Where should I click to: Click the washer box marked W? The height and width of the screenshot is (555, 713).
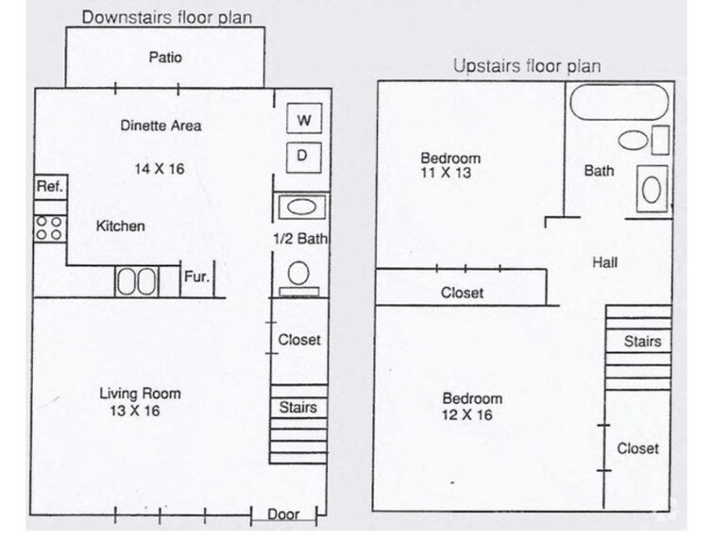tap(303, 120)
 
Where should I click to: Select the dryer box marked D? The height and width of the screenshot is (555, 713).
tap(303, 155)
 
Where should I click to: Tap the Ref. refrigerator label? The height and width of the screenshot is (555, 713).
tap(49, 187)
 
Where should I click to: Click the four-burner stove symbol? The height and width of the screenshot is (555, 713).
tap(49, 227)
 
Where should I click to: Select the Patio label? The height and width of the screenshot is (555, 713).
tap(165, 58)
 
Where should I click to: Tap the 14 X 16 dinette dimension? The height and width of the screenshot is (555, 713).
tap(158, 170)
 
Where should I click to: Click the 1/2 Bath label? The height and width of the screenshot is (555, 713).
tap(299, 240)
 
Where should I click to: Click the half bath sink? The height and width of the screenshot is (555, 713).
tap(300, 207)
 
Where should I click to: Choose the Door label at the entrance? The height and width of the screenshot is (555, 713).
tap(283, 515)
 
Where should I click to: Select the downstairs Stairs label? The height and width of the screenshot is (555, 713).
tap(297, 408)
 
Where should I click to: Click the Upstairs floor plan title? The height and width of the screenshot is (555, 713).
tap(526, 65)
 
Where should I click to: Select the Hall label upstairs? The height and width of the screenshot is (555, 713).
tap(604, 262)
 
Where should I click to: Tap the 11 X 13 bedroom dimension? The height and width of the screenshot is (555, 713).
tap(446, 174)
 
